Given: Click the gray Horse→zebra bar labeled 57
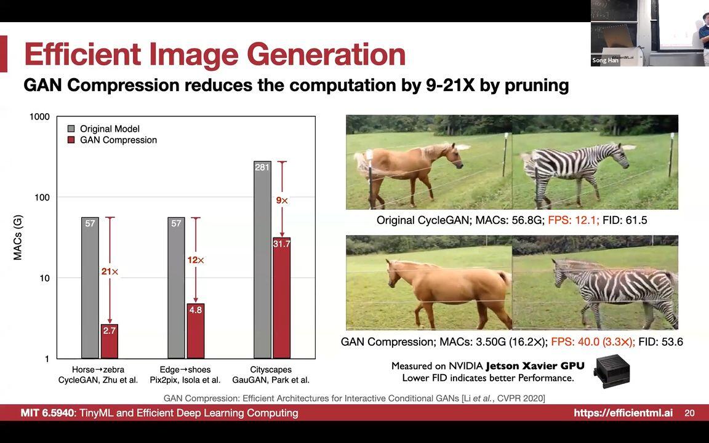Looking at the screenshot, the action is pyautogui.click(x=90, y=288).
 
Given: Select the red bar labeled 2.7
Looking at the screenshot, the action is pyautogui.click(x=110, y=341).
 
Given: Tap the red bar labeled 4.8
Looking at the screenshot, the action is pyautogui.click(x=195, y=331).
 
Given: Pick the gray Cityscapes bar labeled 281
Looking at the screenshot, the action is pyautogui.click(x=262, y=260).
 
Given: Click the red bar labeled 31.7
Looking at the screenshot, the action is pyautogui.click(x=282, y=298).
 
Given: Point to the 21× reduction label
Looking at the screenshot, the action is pyautogui.click(x=110, y=272).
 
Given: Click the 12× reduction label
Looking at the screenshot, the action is pyautogui.click(x=196, y=260).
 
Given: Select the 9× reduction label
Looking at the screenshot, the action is pyautogui.click(x=282, y=200).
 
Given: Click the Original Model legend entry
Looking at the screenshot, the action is pyautogui.click(x=103, y=129).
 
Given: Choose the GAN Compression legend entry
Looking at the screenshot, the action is pyautogui.click(x=112, y=140).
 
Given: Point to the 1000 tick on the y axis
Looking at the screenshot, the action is pyautogui.click(x=39, y=117).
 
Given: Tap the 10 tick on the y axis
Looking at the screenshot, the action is pyautogui.click(x=44, y=278).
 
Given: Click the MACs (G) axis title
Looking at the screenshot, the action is pyautogui.click(x=18, y=237).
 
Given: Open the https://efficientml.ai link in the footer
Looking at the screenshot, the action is pyautogui.click(x=623, y=413).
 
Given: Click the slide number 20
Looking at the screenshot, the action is pyautogui.click(x=689, y=413).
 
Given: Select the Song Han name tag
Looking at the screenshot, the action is pyautogui.click(x=605, y=60).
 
